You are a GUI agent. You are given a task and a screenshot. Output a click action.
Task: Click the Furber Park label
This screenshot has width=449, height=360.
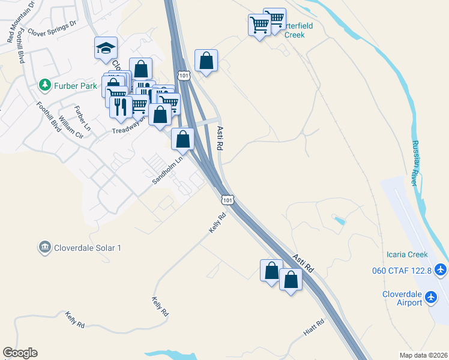[76, 86]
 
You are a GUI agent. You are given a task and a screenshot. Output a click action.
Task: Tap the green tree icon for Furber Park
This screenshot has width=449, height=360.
[44, 86]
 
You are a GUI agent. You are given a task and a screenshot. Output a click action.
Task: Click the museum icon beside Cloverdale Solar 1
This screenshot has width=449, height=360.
[44, 247]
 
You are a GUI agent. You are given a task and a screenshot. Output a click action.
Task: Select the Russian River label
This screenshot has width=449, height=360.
[417, 163]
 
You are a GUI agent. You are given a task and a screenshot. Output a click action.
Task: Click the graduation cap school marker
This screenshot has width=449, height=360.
[106, 48]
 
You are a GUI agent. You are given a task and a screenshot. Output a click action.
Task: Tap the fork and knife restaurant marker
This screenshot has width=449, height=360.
[120, 106]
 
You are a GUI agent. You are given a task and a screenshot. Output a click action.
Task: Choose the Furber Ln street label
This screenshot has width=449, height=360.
[82, 118]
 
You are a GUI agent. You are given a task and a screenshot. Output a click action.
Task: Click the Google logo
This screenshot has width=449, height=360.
[20, 353]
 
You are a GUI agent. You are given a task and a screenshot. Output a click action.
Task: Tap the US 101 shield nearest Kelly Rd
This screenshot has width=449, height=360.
[226, 199]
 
